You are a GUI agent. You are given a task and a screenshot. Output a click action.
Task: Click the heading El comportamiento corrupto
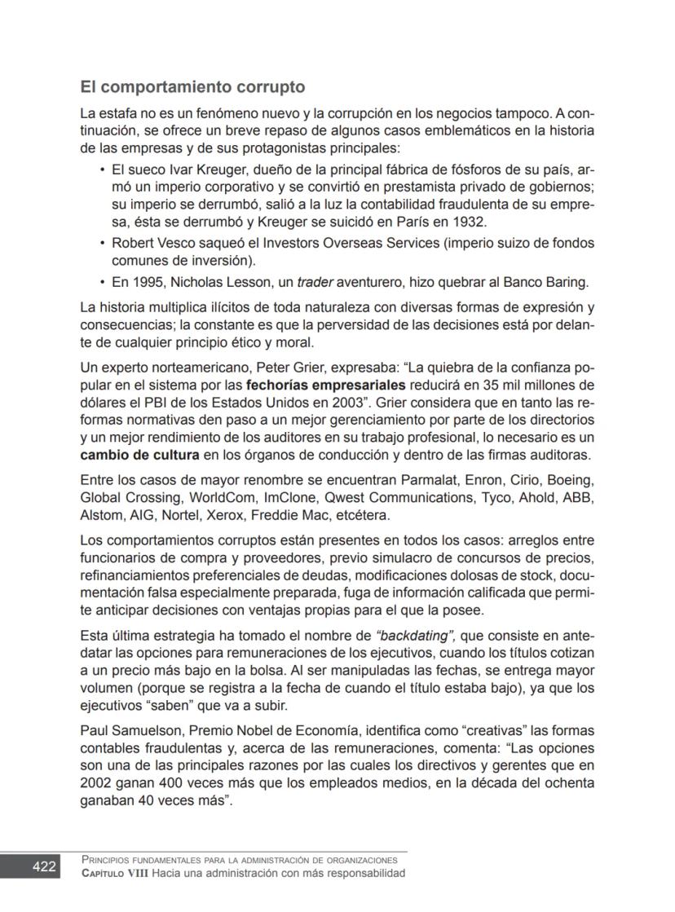pos(192,86)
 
